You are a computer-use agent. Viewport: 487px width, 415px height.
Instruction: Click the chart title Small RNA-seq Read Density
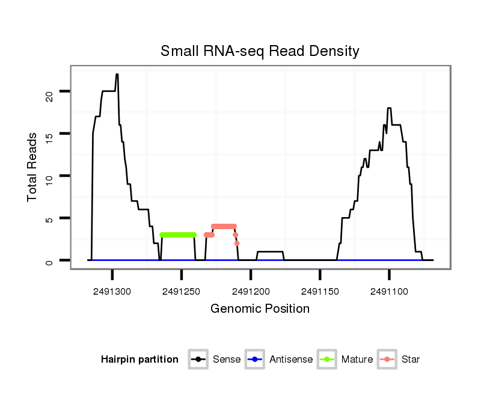point(260,51)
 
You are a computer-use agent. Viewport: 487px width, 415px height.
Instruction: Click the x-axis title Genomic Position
point(260,309)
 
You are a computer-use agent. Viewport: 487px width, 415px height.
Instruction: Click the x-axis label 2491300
point(112,291)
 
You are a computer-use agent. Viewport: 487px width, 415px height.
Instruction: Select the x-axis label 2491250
point(181,291)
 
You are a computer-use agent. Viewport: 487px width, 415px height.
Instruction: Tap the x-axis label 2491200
point(251,291)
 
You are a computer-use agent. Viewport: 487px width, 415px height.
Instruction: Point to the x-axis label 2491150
point(320,291)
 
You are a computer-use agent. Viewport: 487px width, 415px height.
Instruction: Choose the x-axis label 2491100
point(389,291)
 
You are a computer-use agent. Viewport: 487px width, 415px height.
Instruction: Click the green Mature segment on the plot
point(178,235)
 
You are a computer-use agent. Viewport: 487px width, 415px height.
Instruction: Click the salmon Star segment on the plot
point(224,226)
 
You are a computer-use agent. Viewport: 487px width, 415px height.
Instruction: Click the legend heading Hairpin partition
point(139,360)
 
